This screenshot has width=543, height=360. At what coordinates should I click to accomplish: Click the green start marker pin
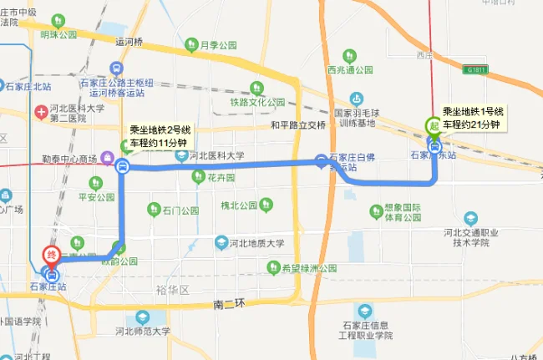coord(434,126)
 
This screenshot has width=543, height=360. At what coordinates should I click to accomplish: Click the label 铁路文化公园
coord(258,102)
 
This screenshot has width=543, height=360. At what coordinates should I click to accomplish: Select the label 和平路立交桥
coord(297,125)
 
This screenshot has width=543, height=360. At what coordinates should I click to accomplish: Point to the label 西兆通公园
coord(354,69)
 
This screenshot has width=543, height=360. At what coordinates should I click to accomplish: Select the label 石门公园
coord(180,210)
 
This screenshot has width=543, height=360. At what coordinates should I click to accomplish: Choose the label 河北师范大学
coord(143,331)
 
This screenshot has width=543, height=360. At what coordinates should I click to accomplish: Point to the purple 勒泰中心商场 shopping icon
coord(106,158)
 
